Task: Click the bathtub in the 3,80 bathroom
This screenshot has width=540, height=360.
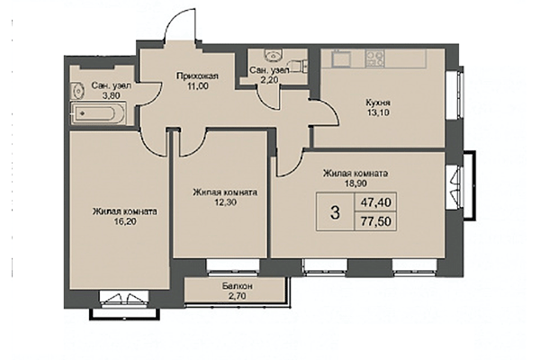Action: coord(100,114)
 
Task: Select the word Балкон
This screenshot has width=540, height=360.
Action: coord(238,285)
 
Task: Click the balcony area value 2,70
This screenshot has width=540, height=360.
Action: coord(238,296)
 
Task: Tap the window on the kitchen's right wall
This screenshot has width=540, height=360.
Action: coord(462,94)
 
